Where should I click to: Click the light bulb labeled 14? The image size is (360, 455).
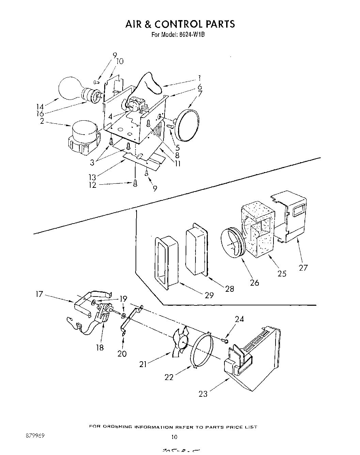(71, 88)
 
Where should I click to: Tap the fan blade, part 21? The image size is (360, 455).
(181, 342)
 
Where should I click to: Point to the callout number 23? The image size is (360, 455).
(203, 394)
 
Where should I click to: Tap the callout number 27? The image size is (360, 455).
(303, 268)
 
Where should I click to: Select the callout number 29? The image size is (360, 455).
(209, 295)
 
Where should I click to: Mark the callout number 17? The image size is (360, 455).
(40, 293)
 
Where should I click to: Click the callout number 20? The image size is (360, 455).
(122, 354)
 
